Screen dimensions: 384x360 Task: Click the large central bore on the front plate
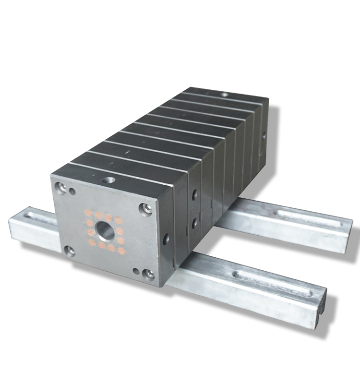pos(106,231)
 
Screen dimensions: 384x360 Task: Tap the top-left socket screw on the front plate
pos(60,188)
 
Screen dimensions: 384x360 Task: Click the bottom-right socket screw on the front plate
pos(149,274)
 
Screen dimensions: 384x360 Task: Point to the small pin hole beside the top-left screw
pos(72,192)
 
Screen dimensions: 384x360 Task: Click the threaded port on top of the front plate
pos(108,181)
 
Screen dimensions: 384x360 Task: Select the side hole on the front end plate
pos(166,238)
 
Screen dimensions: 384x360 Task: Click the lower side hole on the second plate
pos(194,223)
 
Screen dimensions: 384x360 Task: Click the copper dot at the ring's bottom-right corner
pos(121,251)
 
